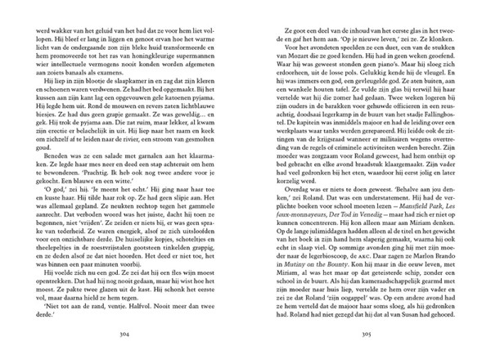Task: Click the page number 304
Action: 124,335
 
